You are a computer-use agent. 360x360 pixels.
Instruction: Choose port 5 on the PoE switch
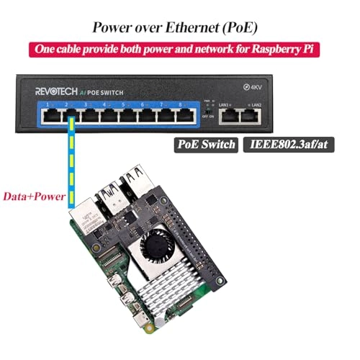127,114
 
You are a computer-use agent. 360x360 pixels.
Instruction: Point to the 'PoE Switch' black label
206,145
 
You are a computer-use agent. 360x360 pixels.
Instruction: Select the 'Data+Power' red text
32,195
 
